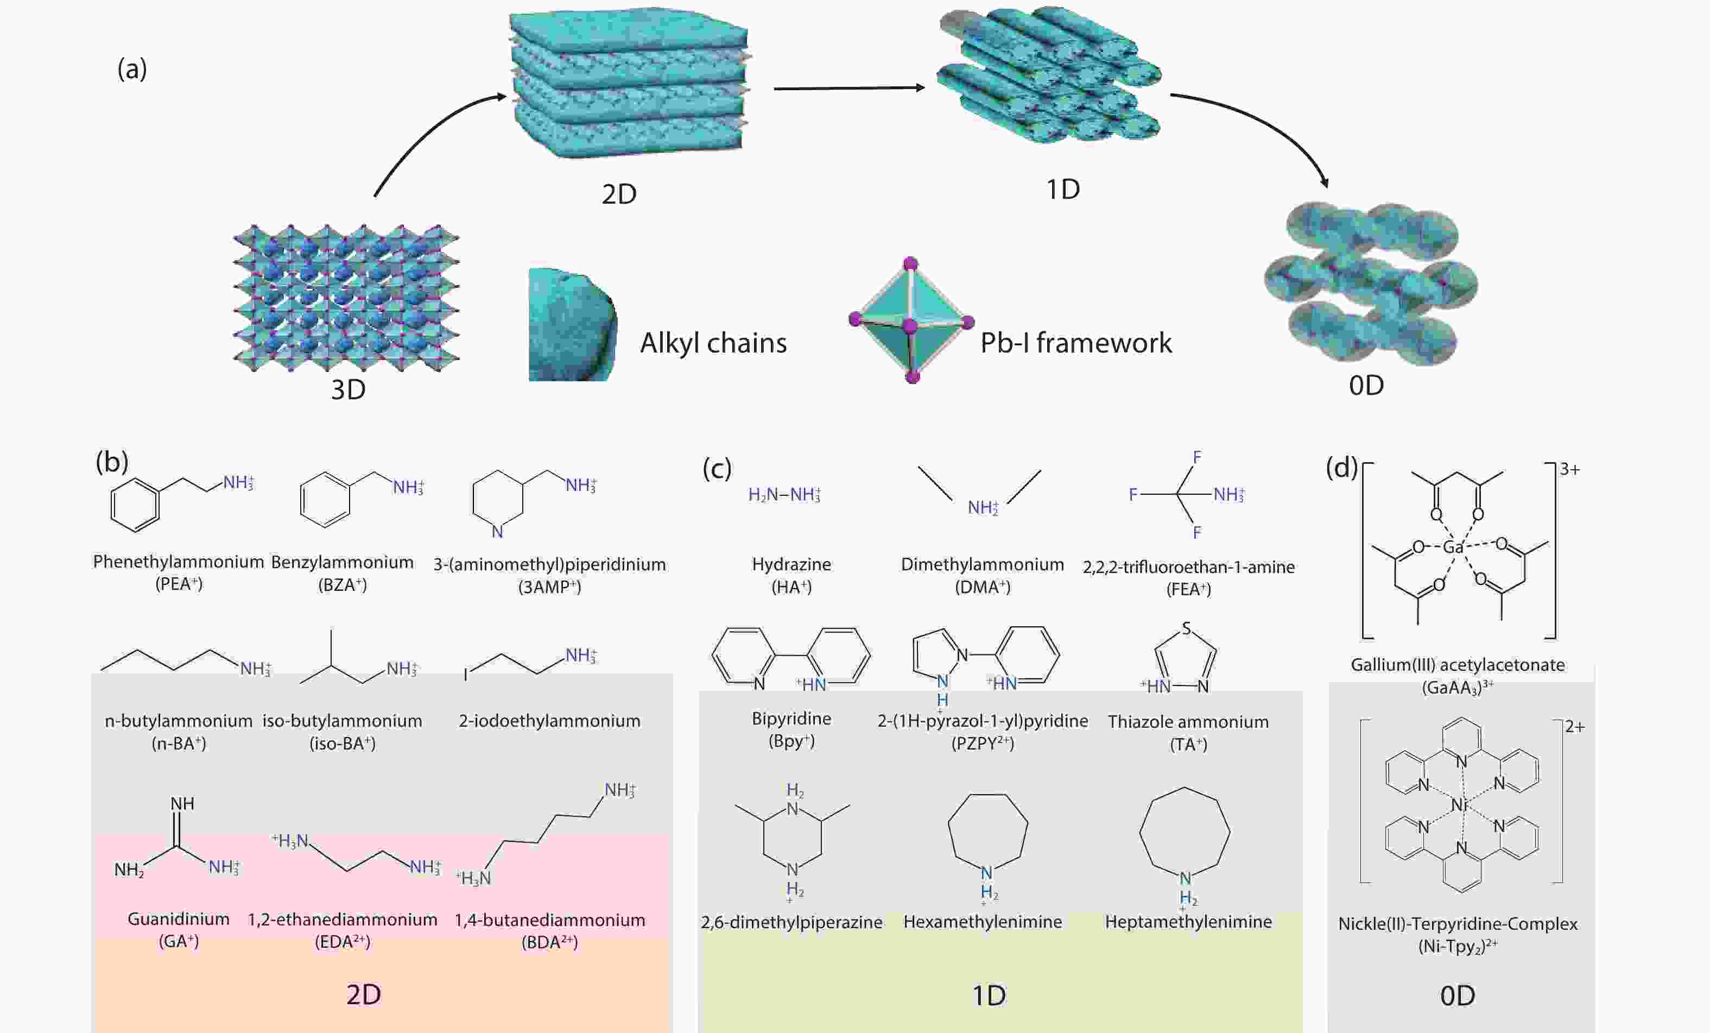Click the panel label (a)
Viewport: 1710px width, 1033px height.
132,69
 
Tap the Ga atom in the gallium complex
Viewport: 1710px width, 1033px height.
1453,547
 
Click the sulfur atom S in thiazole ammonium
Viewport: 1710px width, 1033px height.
1187,628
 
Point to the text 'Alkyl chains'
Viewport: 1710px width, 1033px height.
713,343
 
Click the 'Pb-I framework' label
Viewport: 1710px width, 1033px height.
1076,343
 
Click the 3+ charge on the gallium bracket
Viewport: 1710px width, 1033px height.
1570,470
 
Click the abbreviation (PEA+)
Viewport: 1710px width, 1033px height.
179,584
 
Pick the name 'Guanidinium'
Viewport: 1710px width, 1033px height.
179,919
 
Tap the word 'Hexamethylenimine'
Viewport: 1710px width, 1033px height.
982,922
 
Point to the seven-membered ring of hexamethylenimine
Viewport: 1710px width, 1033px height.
987,831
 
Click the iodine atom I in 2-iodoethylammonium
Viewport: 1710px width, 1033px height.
466,674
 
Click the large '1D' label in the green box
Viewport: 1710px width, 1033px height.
988,996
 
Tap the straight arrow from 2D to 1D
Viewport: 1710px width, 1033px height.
848,88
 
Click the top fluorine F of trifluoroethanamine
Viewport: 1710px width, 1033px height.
1197,457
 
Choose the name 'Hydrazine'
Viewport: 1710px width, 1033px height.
791,564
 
